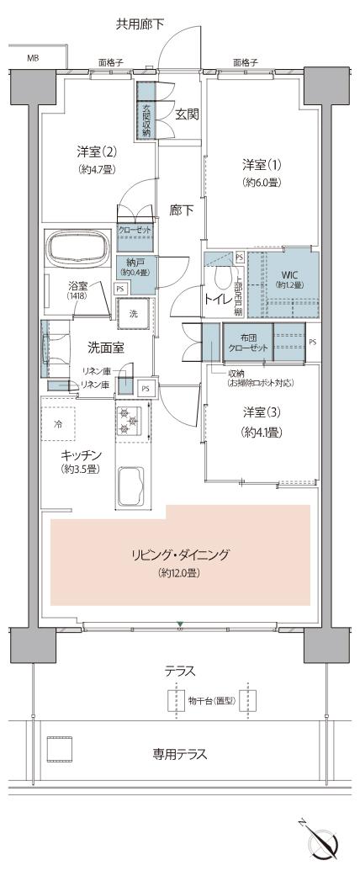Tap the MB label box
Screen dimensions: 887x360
33,58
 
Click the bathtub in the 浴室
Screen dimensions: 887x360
78,251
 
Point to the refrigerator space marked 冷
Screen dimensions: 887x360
59,425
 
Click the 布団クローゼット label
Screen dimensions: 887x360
246,343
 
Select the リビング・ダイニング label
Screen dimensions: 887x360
180,555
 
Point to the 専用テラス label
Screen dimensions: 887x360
180,754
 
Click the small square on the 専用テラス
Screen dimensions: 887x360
58,748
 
